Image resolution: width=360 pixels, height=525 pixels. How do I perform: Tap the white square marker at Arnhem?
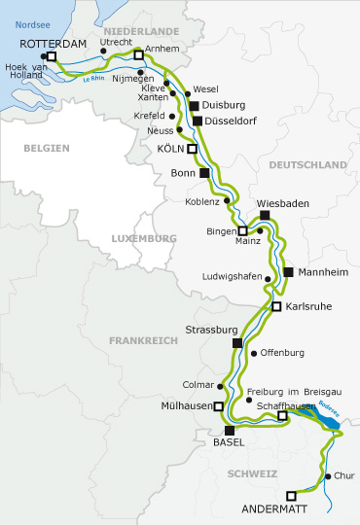click(x=138, y=55)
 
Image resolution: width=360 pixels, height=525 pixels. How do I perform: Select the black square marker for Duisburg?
click(x=195, y=105)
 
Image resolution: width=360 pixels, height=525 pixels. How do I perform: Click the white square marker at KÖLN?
click(x=193, y=149)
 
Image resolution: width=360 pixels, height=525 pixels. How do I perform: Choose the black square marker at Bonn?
click(x=204, y=173)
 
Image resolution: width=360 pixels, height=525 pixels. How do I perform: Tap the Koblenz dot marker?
click(x=230, y=202)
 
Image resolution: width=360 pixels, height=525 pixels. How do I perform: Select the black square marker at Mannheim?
click(x=288, y=271)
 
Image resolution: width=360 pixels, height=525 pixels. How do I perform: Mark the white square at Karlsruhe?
click(x=276, y=306)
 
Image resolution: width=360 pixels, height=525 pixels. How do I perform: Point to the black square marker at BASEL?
click(x=230, y=431)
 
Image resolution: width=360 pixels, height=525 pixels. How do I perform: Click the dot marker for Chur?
click(x=327, y=476)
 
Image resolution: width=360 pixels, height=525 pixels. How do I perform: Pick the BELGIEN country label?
click(x=48, y=147)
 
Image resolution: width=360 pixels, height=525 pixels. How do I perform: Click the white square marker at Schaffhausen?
click(x=282, y=416)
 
